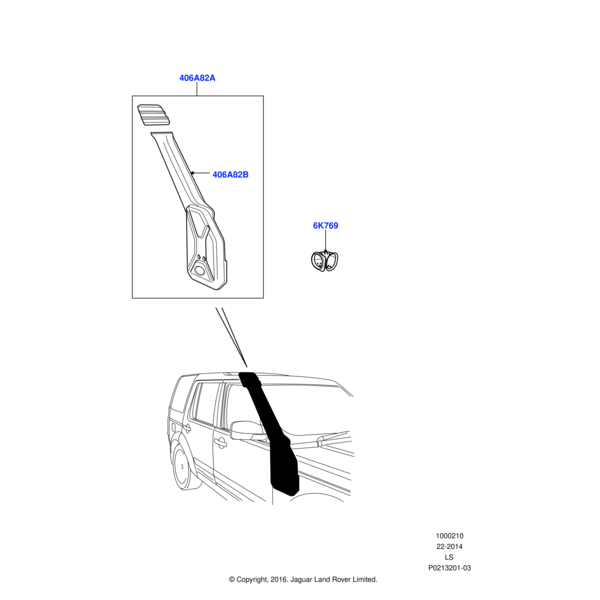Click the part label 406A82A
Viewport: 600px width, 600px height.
197,78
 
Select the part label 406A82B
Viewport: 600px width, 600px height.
230,175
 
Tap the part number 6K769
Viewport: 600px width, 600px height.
326,226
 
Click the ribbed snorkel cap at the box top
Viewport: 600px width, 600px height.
153,114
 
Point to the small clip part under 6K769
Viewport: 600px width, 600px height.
325,261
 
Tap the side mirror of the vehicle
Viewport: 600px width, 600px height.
247,430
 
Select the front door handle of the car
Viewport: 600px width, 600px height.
220,443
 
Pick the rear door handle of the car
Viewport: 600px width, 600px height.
187,427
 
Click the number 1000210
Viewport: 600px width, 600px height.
450,536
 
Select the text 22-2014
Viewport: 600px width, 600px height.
450,546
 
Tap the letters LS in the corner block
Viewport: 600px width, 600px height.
449,557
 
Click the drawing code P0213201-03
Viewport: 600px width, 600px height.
450,568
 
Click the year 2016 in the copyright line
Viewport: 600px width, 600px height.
278,580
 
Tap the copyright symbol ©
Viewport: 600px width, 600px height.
232,580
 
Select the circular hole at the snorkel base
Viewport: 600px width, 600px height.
199,271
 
